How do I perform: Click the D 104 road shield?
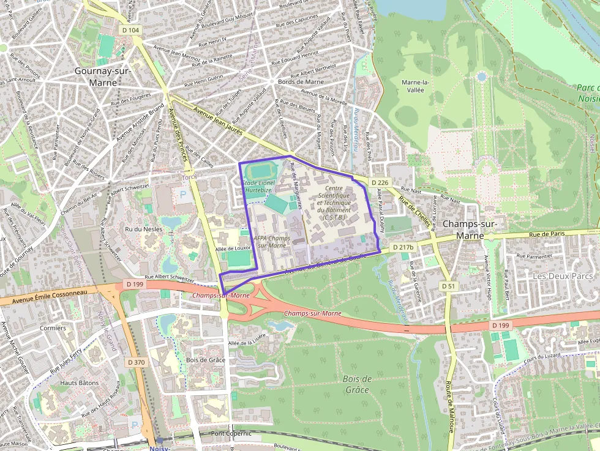(130, 30)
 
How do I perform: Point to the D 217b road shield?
(402, 247)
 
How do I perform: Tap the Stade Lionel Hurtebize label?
(258, 187)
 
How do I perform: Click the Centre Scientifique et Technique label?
(334, 199)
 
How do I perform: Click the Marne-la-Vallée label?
(417, 86)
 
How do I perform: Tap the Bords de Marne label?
(301, 81)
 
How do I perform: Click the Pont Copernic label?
(231, 433)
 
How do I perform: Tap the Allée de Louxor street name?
(234, 249)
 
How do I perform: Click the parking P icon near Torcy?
(183, 196)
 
